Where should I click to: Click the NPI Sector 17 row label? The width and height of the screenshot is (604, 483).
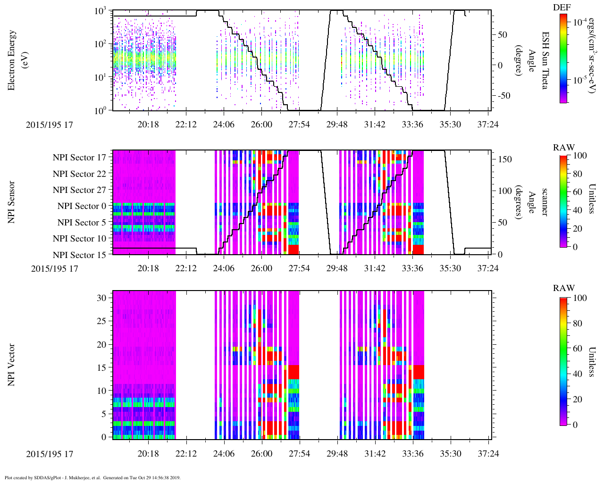(x=80, y=158)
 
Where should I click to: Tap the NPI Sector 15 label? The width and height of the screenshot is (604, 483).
(x=80, y=255)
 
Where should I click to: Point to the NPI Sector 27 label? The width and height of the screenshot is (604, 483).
(x=80, y=190)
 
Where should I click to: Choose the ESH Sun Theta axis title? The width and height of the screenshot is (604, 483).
(x=545, y=60)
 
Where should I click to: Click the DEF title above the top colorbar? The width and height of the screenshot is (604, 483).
(x=562, y=8)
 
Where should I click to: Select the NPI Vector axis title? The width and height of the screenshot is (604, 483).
(x=11, y=365)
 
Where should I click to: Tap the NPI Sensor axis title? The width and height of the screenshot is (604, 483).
(x=11, y=202)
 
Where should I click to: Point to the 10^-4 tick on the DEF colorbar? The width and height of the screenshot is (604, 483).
(x=580, y=22)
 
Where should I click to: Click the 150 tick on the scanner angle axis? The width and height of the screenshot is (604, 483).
(x=505, y=159)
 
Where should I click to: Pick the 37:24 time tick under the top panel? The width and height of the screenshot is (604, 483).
(x=488, y=124)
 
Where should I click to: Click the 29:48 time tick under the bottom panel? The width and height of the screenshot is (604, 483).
(x=337, y=453)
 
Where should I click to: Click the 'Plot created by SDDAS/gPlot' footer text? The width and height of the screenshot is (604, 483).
(x=92, y=477)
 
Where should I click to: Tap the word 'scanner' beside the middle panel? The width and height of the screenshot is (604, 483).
(x=545, y=202)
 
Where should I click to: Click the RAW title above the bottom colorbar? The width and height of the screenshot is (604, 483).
(x=563, y=288)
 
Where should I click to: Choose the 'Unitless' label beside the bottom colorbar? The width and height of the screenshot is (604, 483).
(x=591, y=362)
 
